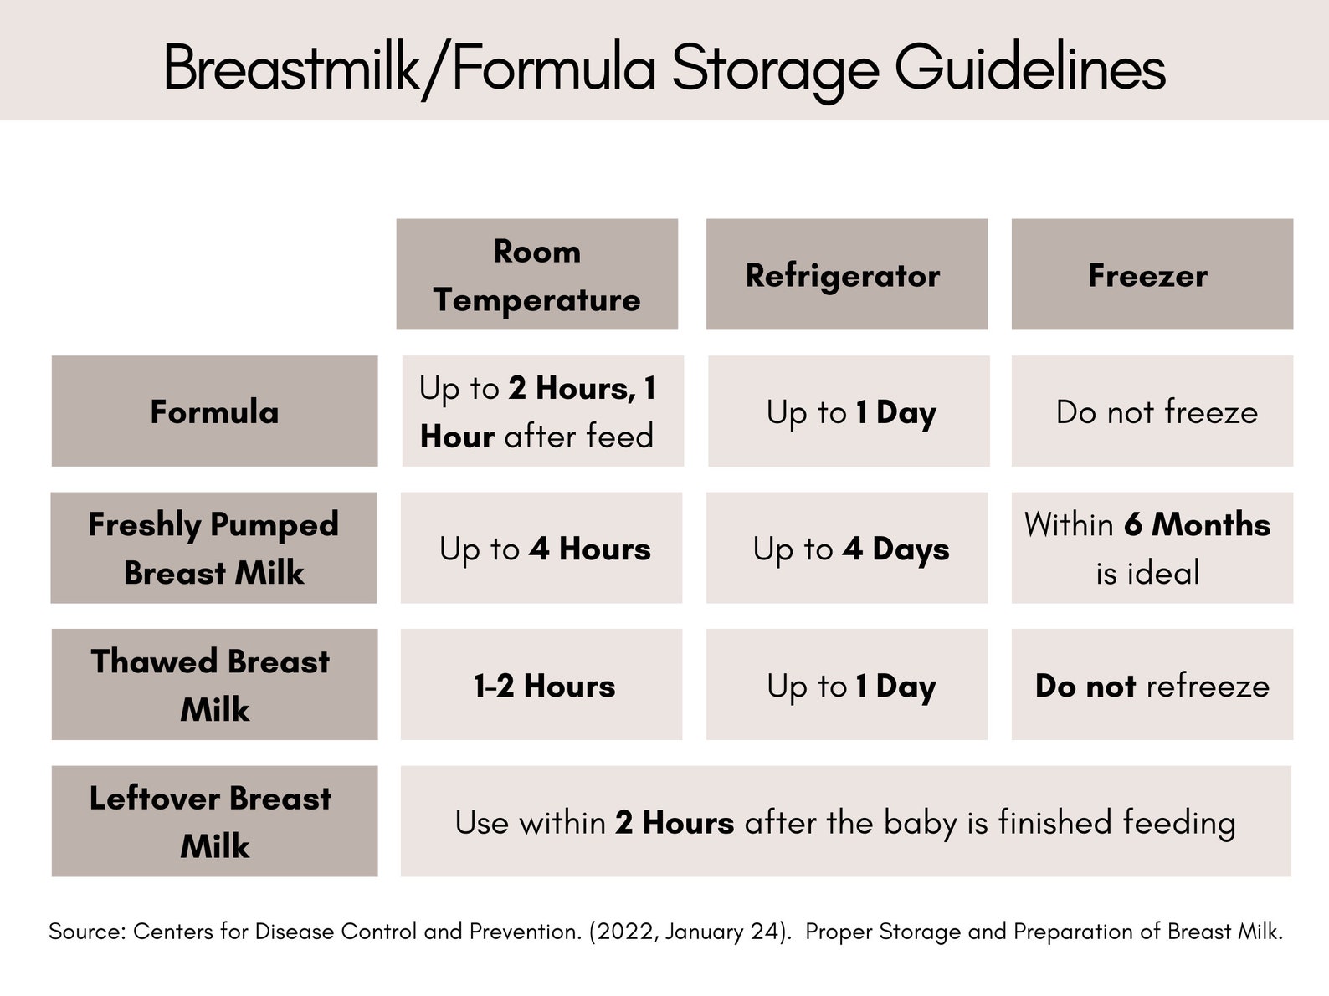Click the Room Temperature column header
[x=536, y=274]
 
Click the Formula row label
[x=214, y=411]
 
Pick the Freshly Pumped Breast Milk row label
[x=213, y=548]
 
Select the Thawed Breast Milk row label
[x=214, y=684]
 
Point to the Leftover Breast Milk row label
[x=214, y=821]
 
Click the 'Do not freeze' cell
[x=1152, y=411]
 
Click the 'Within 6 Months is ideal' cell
[x=1152, y=548]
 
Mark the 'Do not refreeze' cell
[x=1152, y=685]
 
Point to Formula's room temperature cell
[x=542, y=411]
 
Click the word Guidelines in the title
[x=1029, y=69]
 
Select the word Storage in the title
[x=774, y=69]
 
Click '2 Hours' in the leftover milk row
[x=675, y=823]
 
